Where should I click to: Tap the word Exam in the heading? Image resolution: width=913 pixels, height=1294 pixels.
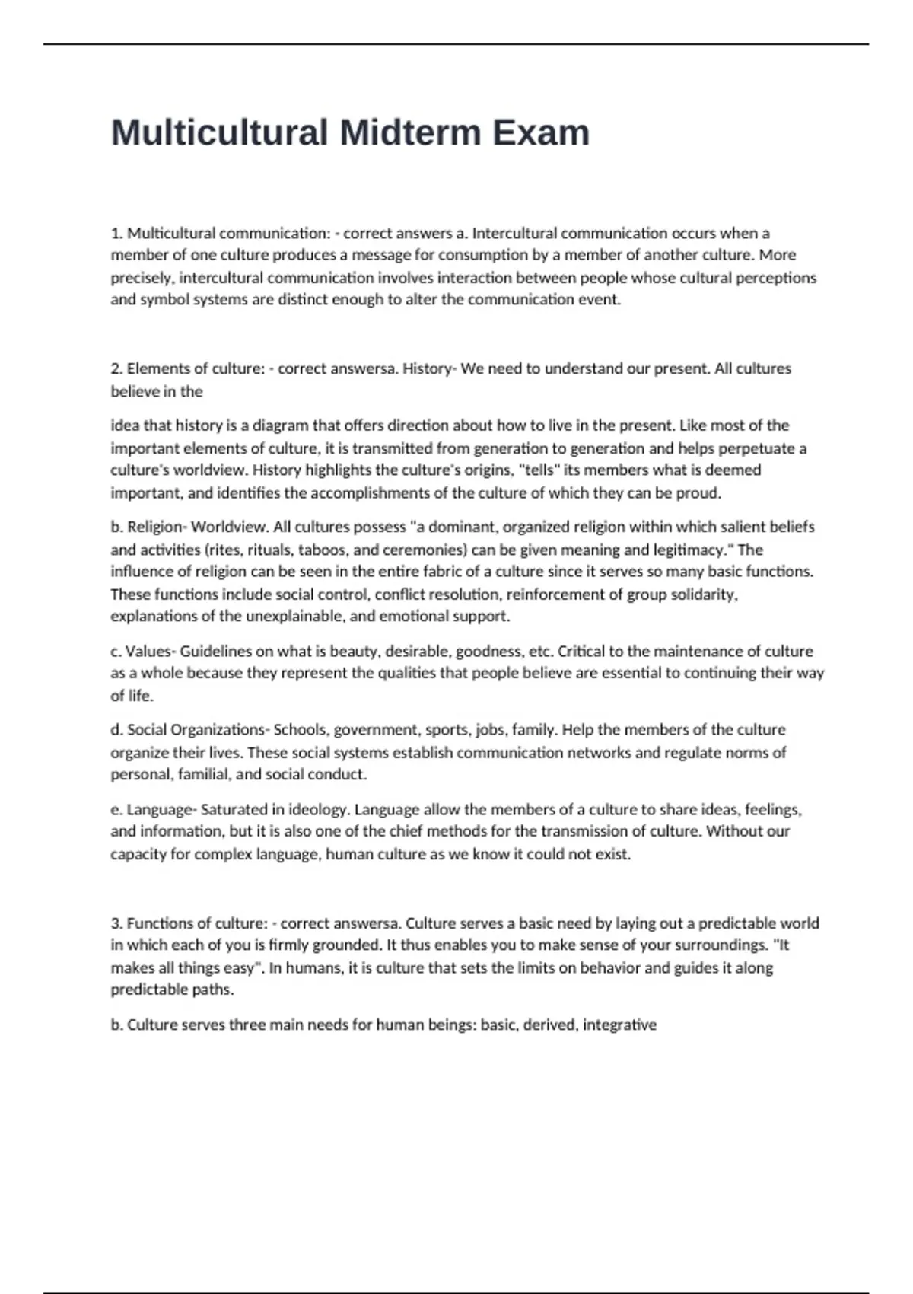[541, 132]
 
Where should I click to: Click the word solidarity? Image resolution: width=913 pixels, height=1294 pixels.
[704, 594]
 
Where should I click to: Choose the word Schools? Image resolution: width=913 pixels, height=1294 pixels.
[300, 730]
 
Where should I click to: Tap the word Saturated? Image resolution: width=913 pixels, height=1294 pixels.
[234, 809]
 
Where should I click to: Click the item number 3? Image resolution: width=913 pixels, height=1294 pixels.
[116, 923]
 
